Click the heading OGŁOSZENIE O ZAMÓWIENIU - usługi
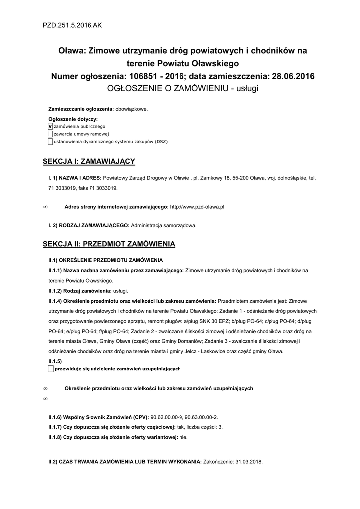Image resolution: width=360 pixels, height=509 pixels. pos(183,88)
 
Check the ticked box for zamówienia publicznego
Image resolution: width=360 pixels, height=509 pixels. pos(50,127)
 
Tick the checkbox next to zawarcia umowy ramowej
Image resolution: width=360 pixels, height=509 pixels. pos(50,134)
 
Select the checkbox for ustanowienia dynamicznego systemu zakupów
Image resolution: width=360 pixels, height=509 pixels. pos(50,142)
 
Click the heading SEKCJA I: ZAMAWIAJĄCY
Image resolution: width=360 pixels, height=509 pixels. pos(89,162)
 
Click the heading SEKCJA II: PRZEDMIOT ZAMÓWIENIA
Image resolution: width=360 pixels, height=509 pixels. pos(109,244)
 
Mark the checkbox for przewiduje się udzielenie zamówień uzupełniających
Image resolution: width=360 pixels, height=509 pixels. pos(50,369)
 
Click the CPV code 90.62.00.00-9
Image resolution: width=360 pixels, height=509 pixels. pos(166,417)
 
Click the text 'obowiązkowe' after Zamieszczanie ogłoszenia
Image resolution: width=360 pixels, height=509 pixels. pos(132,109)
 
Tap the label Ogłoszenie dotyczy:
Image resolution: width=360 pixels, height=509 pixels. pos(73,119)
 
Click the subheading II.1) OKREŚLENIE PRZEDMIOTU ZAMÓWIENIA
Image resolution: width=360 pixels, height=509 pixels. pos(105,260)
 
